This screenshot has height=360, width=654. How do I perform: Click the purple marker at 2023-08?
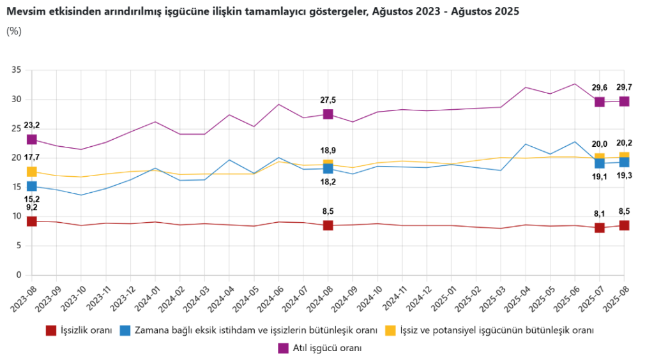(x=31, y=139)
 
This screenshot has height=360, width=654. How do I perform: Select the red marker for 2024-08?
(x=328, y=225)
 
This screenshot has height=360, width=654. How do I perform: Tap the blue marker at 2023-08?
(x=31, y=186)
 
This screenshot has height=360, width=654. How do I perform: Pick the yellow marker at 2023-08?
(x=31, y=171)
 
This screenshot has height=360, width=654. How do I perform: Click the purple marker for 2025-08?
(x=624, y=101)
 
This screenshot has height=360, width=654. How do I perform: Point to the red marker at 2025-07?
(x=600, y=228)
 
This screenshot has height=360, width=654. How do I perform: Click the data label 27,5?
(x=328, y=100)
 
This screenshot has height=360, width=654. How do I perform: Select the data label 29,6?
(x=599, y=88)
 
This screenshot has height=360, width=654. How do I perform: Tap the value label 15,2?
(x=31, y=199)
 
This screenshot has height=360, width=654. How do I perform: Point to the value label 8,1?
(x=599, y=213)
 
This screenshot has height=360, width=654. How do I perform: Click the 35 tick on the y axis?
(x=17, y=70)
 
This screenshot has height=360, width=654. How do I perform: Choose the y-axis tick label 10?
(x=17, y=216)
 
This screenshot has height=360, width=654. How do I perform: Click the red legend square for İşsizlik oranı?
(x=51, y=331)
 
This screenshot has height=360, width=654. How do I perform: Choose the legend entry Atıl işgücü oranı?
(x=327, y=348)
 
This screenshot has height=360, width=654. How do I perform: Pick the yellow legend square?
(x=390, y=331)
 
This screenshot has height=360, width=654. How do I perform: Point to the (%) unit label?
(x=14, y=31)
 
